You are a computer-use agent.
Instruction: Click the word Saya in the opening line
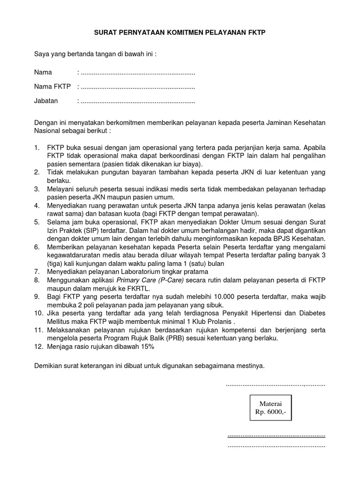[x=42, y=54]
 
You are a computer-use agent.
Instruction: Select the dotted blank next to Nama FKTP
[x=138, y=87]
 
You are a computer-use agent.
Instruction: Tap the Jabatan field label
[x=46, y=101]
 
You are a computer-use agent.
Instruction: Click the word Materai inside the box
[x=270, y=404]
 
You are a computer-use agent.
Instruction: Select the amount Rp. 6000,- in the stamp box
[x=270, y=412]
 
